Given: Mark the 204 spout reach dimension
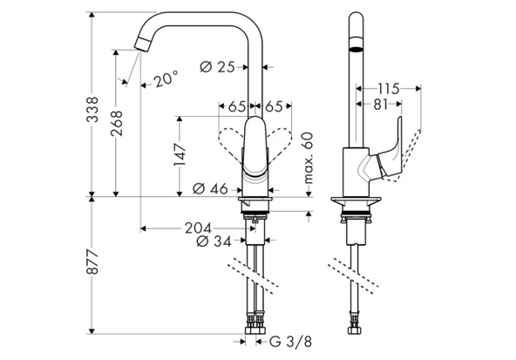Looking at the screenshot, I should [x=196, y=228].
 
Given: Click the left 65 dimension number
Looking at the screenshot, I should [x=236, y=107].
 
